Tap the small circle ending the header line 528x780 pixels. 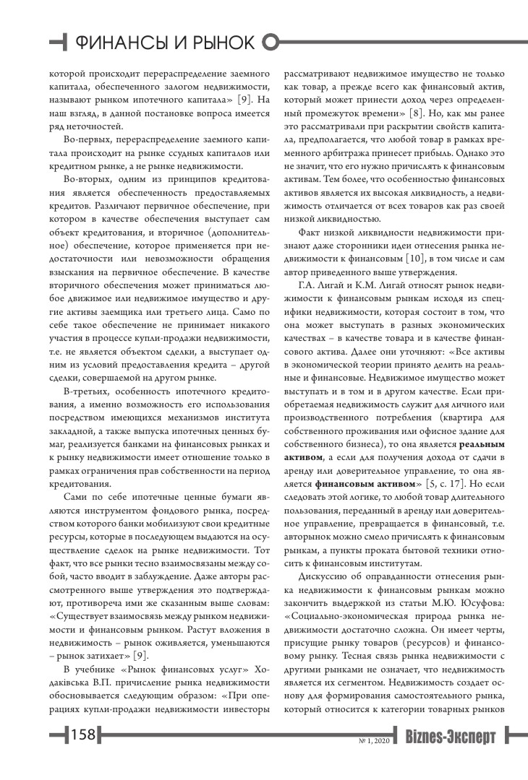271,43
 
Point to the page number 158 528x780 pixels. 82,735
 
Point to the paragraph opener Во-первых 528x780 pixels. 85,137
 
